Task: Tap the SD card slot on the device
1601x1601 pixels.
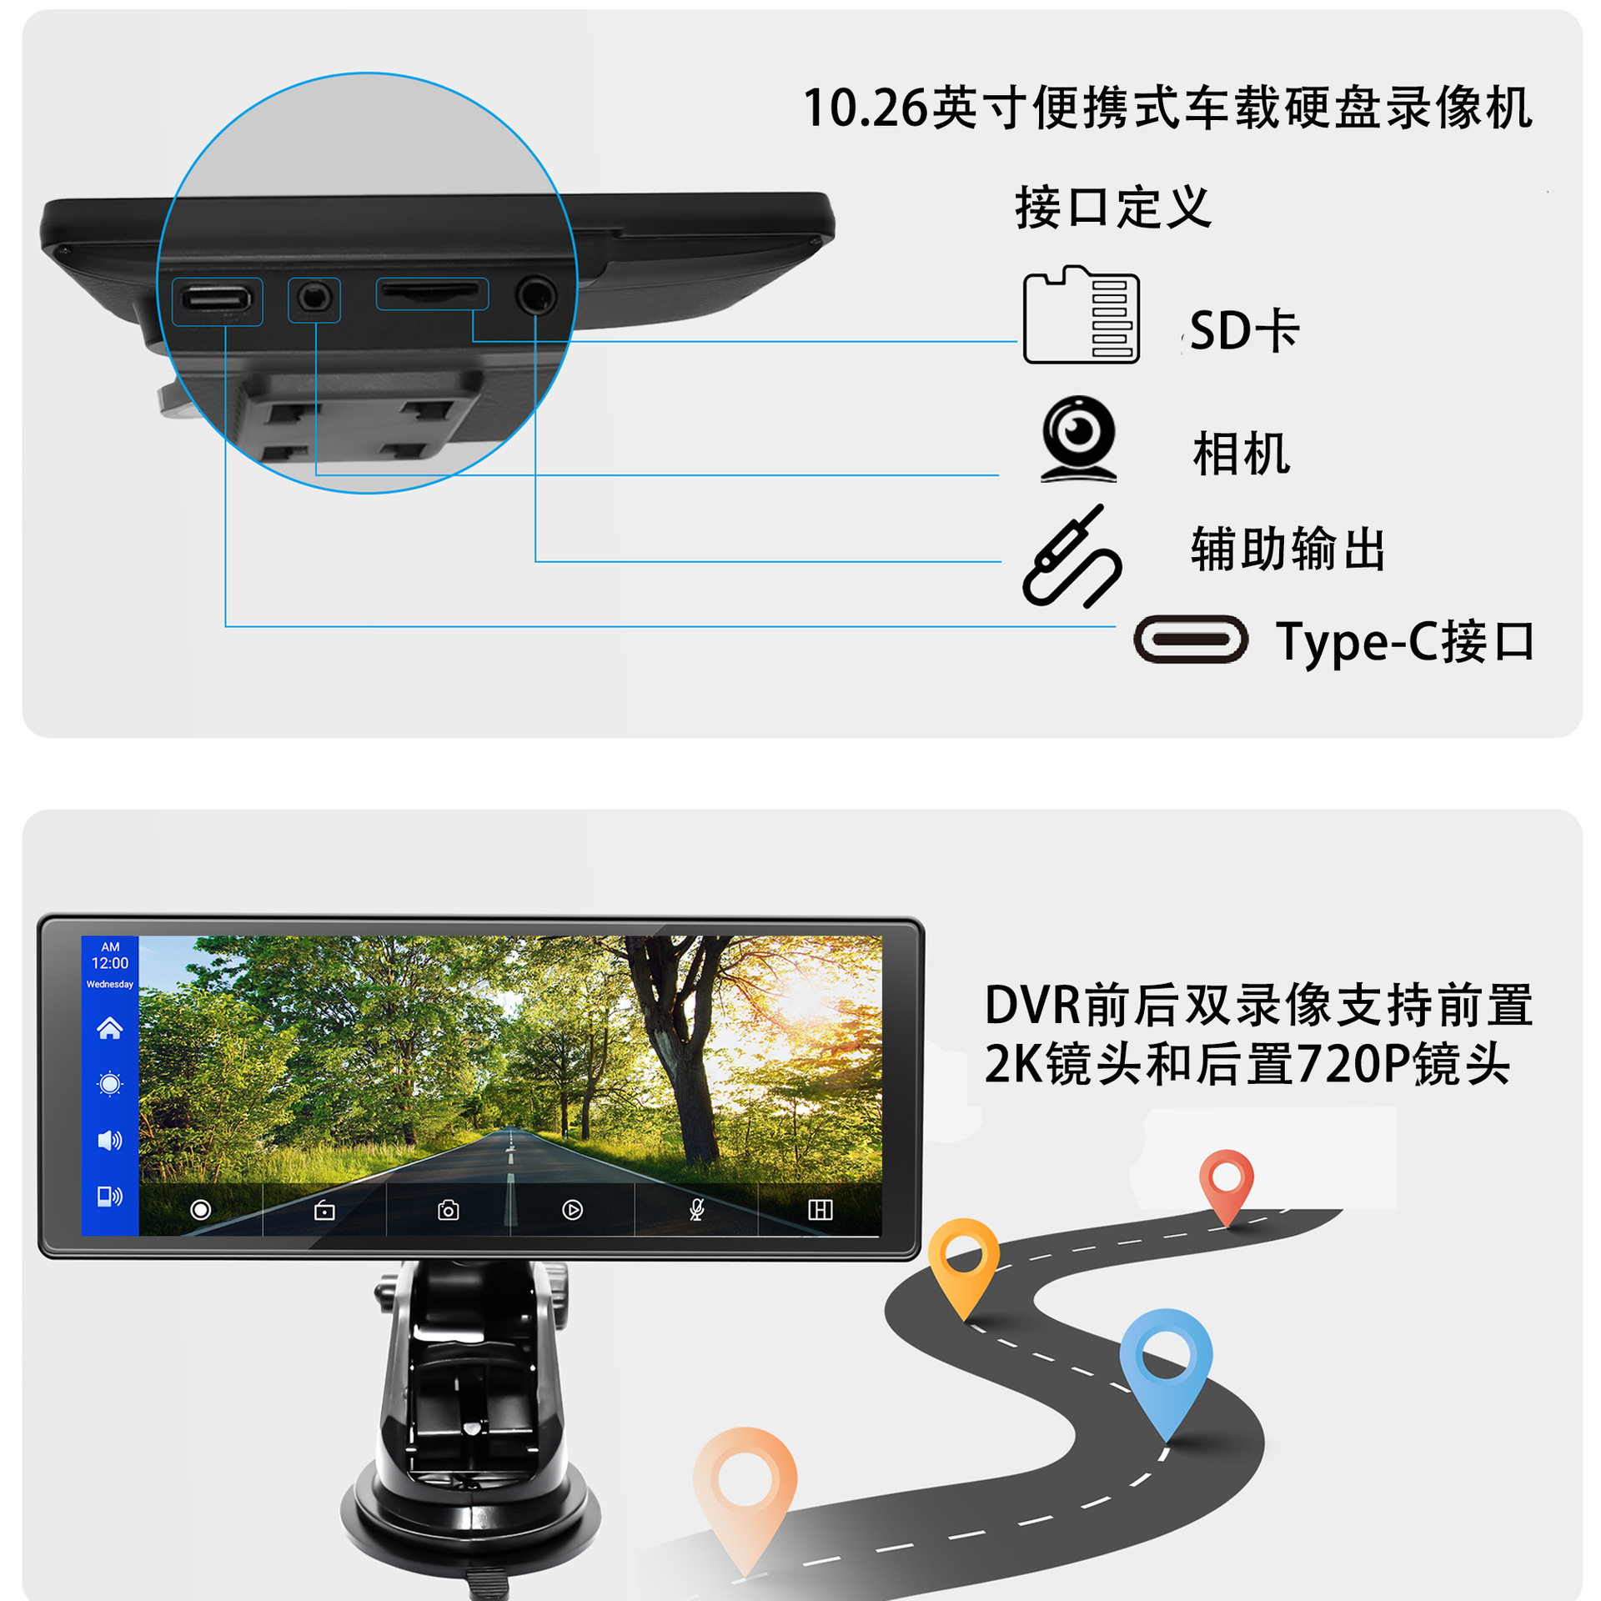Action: pyautogui.click(x=431, y=293)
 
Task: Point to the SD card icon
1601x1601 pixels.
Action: pyautogui.click(x=1081, y=315)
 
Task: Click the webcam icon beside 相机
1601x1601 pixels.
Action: pyautogui.click(x=1078, y=439)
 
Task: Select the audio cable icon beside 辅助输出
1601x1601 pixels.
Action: pyautogui.click(x=1072, y=556)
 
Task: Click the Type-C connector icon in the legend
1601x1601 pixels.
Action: pyautogui.click(x=1190, y=640)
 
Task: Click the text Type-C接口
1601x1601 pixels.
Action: pyautogui.click(x=1404, y=642)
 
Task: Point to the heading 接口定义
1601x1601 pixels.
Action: pyautogui.click(x=1112, y=207)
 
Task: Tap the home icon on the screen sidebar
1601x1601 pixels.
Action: pyautogui.click(x=109, y=1028)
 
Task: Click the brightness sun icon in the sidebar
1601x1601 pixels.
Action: pyautogui.click(x=109, y=1084)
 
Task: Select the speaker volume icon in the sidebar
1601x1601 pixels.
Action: pyautogui.click(x=109, y=1140)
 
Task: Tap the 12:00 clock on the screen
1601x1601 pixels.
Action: pyautogui.click(x=109, y=963)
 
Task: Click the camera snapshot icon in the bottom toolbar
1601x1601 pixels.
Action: pyautogui.click(x=448, y=1210)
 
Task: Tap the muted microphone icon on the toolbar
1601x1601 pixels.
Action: pyautogui.click(x=696, y=1210)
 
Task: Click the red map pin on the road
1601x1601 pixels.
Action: pyautogui.click(x=1226, y=1182)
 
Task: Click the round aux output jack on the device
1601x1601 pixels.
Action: pyautogui.click(x=535, y=295)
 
